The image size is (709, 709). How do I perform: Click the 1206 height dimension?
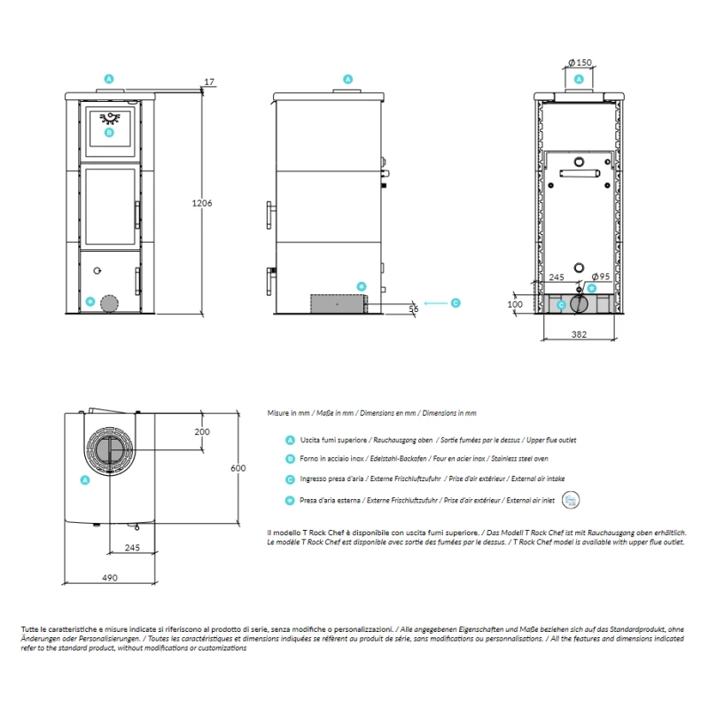pos(202,203)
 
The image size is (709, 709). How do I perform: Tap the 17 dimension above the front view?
pos(209,82)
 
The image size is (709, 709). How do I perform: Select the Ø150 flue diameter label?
pos(580,62)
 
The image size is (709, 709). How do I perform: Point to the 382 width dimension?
pos(579,334)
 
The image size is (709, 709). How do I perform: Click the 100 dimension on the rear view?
pos(515,304)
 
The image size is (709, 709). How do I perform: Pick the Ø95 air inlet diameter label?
pos(601,277)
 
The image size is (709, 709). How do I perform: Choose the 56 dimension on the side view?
pos(414,308)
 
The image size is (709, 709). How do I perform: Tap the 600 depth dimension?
pos(238,468)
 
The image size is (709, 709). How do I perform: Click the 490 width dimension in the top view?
pos(110,578)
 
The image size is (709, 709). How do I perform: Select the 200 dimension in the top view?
pos(202,432)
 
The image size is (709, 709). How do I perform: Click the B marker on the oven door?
pos(109,132)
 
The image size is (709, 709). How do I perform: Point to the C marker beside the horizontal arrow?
pos(456,303)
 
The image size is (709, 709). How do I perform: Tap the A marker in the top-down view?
pos(85,480)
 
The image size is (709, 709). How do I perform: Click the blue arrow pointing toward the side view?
pos(436,303)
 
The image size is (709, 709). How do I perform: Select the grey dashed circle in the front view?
pos(109,304)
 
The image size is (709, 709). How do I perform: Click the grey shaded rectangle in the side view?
pos(339,304)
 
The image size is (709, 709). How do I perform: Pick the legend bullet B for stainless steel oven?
pos(291,459)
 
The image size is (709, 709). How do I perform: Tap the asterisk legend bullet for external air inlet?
pos(291,501)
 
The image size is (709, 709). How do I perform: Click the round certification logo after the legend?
pos(571,500)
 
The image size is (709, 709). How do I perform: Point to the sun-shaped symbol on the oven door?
pos(110,118)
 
